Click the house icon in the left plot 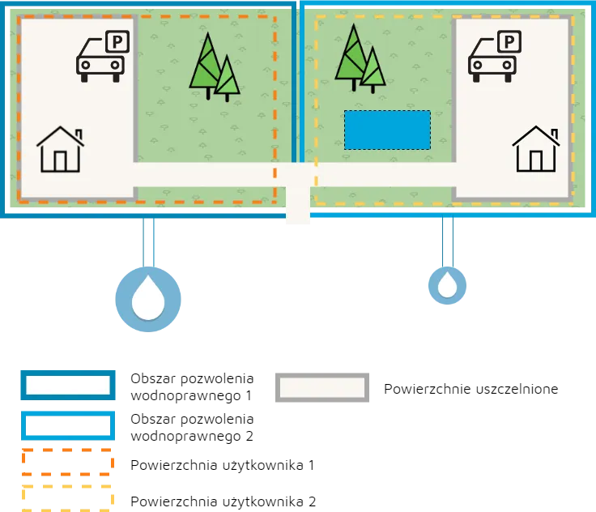60,150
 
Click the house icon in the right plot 536,149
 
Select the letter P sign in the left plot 117,41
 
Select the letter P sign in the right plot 509,41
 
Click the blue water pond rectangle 387,130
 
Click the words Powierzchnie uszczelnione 471,389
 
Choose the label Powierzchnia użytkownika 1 223,465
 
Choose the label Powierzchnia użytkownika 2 223,501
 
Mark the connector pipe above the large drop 149,242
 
